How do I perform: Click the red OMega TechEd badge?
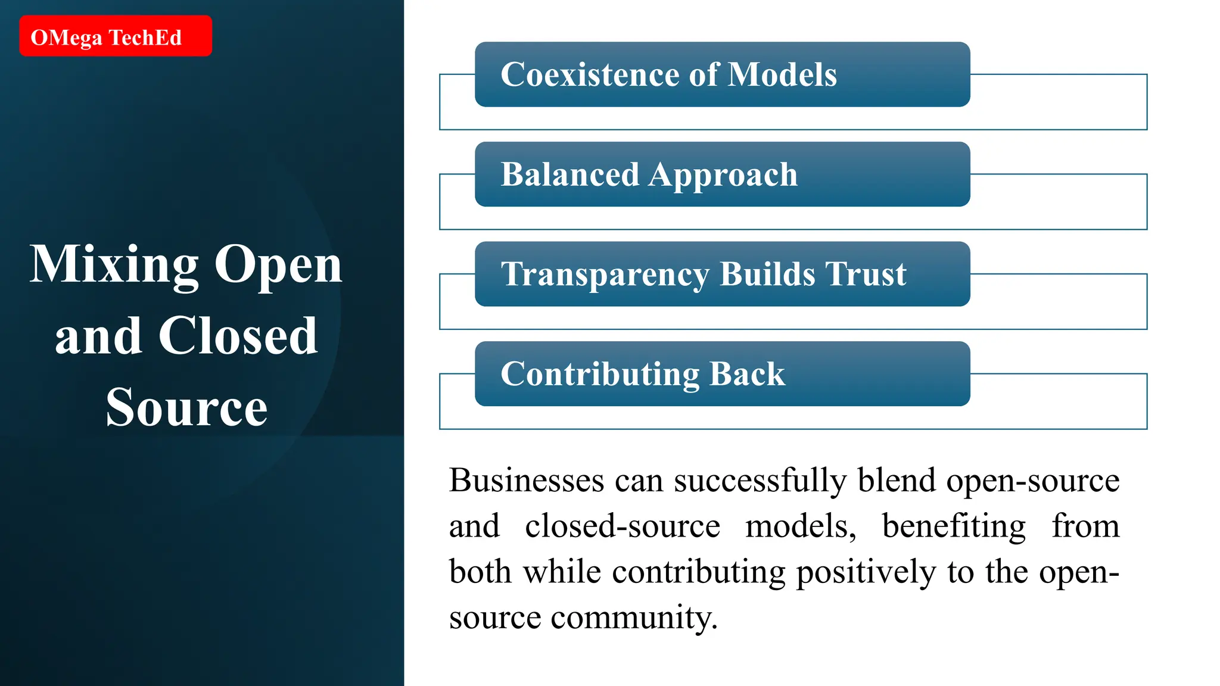115,36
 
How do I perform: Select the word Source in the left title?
186,407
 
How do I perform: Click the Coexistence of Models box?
722,74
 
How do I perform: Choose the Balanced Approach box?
722,174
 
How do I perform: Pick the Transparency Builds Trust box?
722,274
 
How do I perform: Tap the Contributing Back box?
722,374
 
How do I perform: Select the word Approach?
723,176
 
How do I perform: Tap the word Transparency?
605,276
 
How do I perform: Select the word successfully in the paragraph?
760,481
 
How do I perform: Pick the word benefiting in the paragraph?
954,526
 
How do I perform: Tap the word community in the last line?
634,618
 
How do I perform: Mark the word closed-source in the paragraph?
623,526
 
